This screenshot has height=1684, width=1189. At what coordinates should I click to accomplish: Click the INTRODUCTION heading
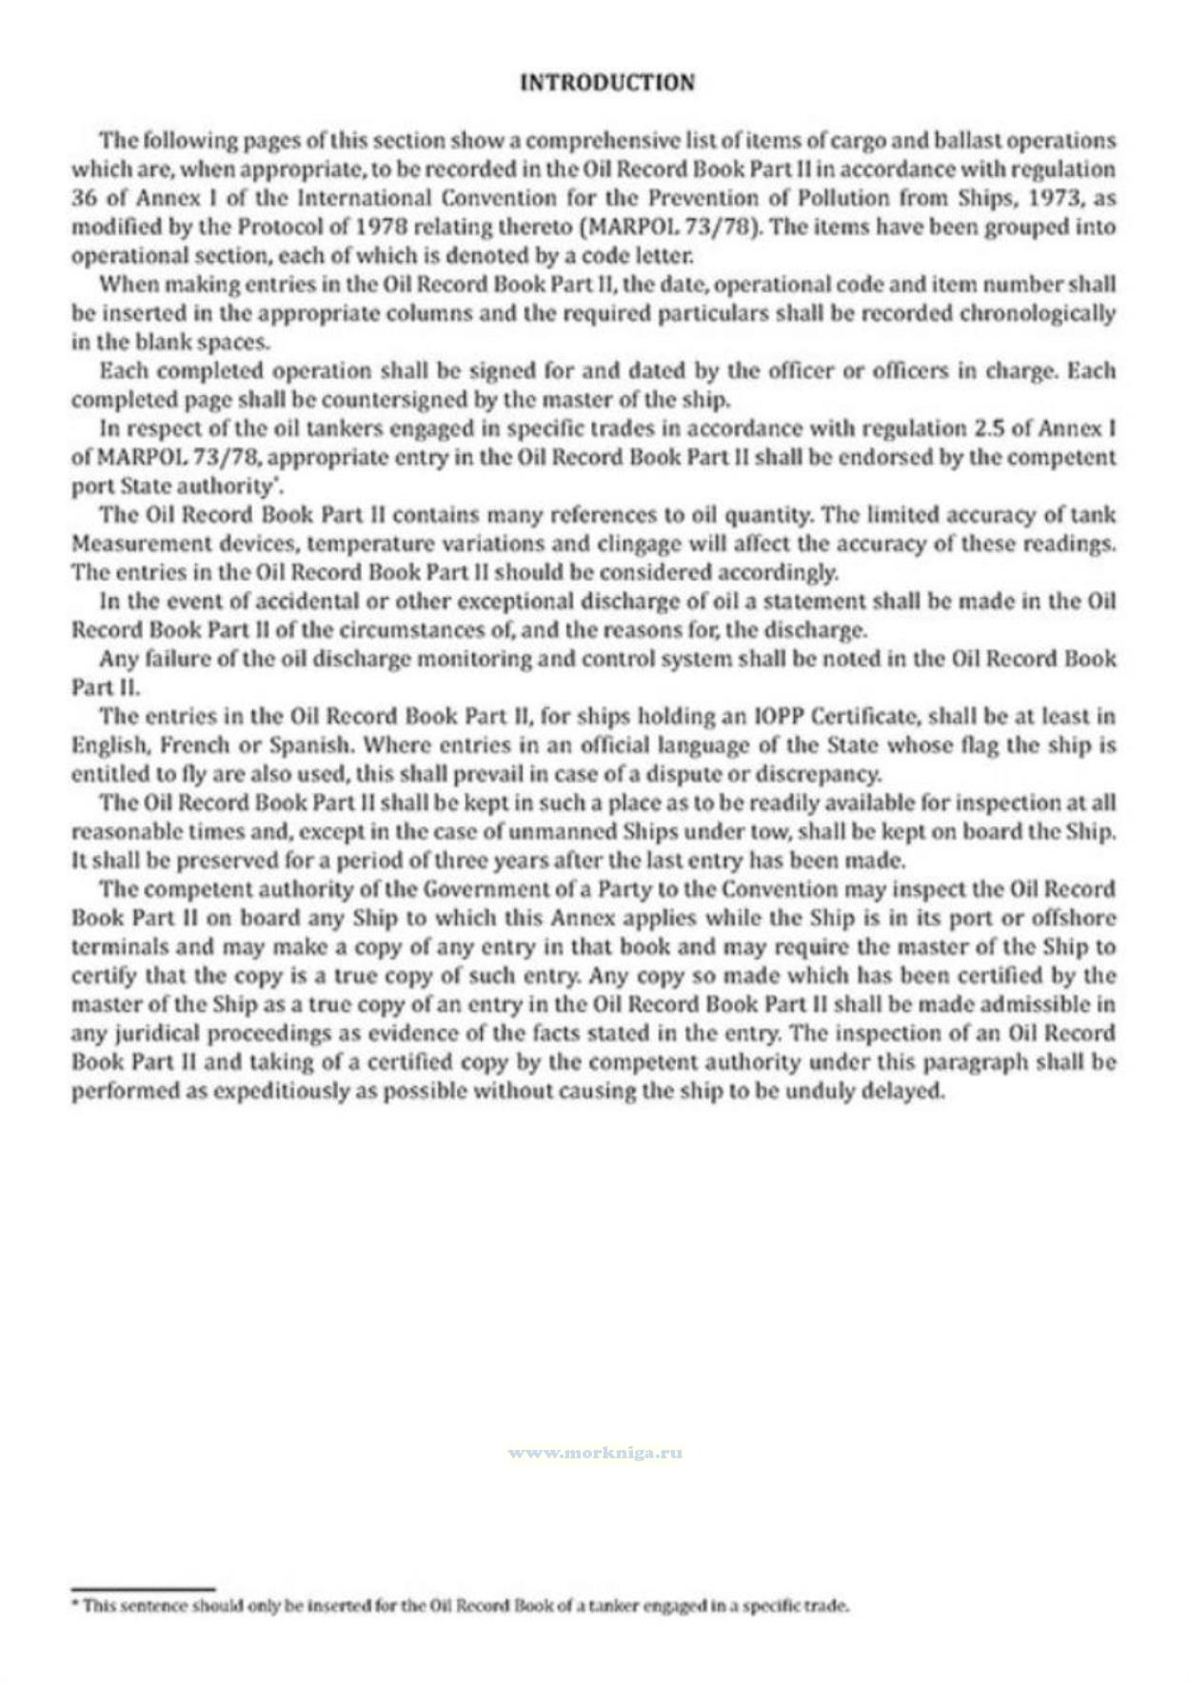click(x=607, y=83)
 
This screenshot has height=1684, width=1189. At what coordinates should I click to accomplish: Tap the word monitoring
click(x=470, y=659)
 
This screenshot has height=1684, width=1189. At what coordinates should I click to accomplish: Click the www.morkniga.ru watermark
click(x=595, y=1453)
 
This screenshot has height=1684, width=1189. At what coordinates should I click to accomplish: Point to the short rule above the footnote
click(x=143, y=1588)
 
